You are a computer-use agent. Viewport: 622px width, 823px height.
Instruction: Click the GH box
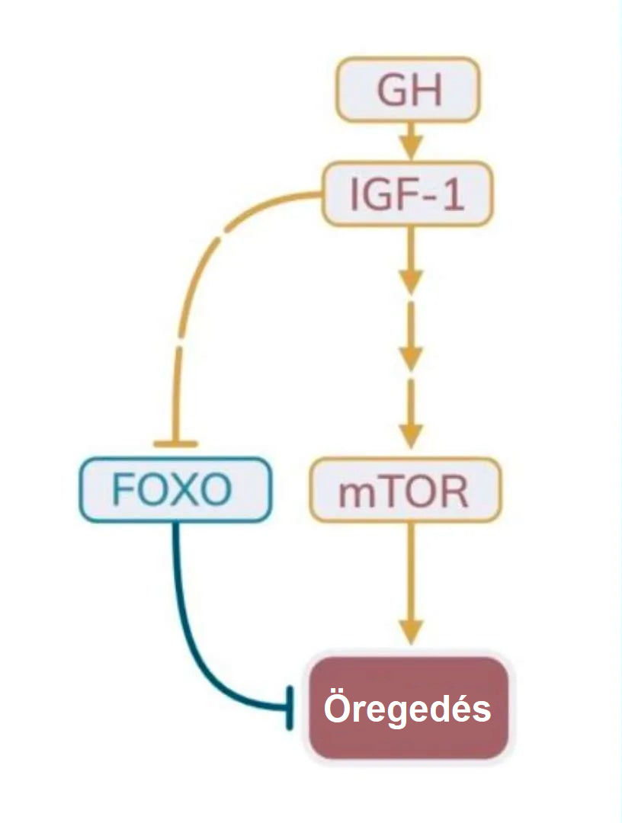(409, 89)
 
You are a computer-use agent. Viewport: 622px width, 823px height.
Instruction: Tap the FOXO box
(175, 490)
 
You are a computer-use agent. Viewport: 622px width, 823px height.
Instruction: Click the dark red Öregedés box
(408, 709)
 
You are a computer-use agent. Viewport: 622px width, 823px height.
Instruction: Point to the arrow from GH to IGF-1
(412, 140)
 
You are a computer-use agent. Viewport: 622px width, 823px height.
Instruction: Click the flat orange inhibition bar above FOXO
(175, 444)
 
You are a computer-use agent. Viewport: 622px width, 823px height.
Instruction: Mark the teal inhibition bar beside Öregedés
(290, 708)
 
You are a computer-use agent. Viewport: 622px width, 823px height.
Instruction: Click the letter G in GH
(393, 90)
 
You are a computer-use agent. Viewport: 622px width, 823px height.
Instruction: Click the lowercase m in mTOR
(354, 494)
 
